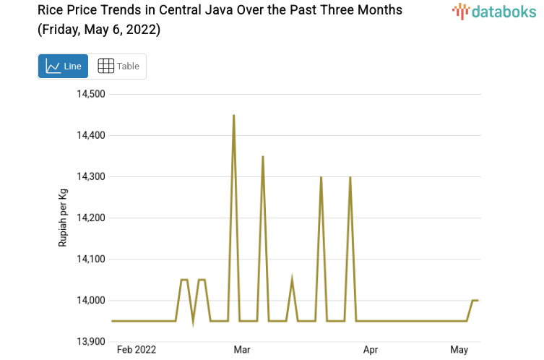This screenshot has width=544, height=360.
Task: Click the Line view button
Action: coord(63,66)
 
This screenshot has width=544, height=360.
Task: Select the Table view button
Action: coord(118,66)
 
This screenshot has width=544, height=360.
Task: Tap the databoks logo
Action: coord(494,12)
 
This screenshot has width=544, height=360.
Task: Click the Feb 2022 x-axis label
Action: coord(137,350)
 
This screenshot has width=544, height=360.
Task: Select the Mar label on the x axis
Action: coord(242,350)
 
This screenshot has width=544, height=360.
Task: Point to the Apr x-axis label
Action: coord(371,350)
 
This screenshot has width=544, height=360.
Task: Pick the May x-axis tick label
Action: coord(459,350)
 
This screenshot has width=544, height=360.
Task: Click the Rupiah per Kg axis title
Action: coord(63,217)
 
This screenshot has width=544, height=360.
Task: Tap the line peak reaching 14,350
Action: coord(263,156)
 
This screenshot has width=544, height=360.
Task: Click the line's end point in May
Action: coord(477,300)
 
